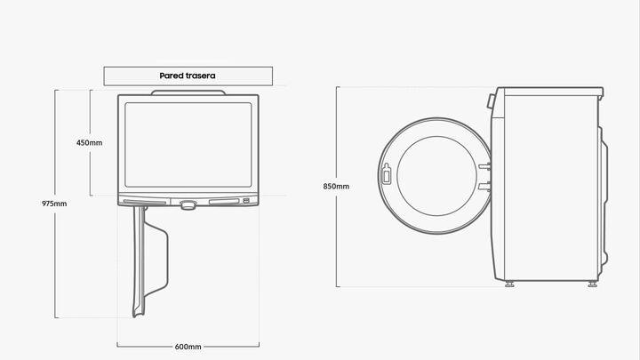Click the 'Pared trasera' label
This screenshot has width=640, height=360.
coord(188,76)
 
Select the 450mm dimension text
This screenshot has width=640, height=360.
coord(89,143)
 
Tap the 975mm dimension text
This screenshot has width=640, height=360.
coord(54,204)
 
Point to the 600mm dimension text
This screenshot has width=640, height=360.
coord(188,346)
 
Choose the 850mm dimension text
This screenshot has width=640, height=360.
coord(336,187)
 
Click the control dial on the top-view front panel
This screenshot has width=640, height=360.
coord(188,204)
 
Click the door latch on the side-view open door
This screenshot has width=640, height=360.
coord(386,173)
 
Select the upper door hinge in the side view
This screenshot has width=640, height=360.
coord(484,164)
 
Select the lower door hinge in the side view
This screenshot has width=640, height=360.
coord(484,186)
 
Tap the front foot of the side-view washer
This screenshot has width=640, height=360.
coord(508,284)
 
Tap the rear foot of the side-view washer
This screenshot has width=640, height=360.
coord(592,284)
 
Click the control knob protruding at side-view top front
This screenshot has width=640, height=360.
coord(490,101)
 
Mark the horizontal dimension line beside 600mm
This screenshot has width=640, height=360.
coord(142,346)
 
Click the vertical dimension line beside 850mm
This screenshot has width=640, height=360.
coord(337,240)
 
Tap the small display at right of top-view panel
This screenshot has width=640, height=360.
coord(246,201)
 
